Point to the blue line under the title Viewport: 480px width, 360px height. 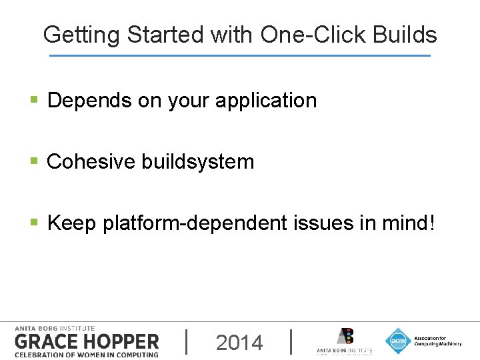click(240, 55)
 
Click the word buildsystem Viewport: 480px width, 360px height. click(197, 161)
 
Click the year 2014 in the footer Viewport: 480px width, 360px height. click(239, 343)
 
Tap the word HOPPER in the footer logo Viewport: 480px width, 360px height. click(121, 341)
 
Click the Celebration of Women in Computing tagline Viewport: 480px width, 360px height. click(86, 354)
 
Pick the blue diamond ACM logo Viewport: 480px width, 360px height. click(398, 340)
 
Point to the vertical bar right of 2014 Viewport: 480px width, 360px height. click(292, 341)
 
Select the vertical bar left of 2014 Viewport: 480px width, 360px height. click(186, 341)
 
